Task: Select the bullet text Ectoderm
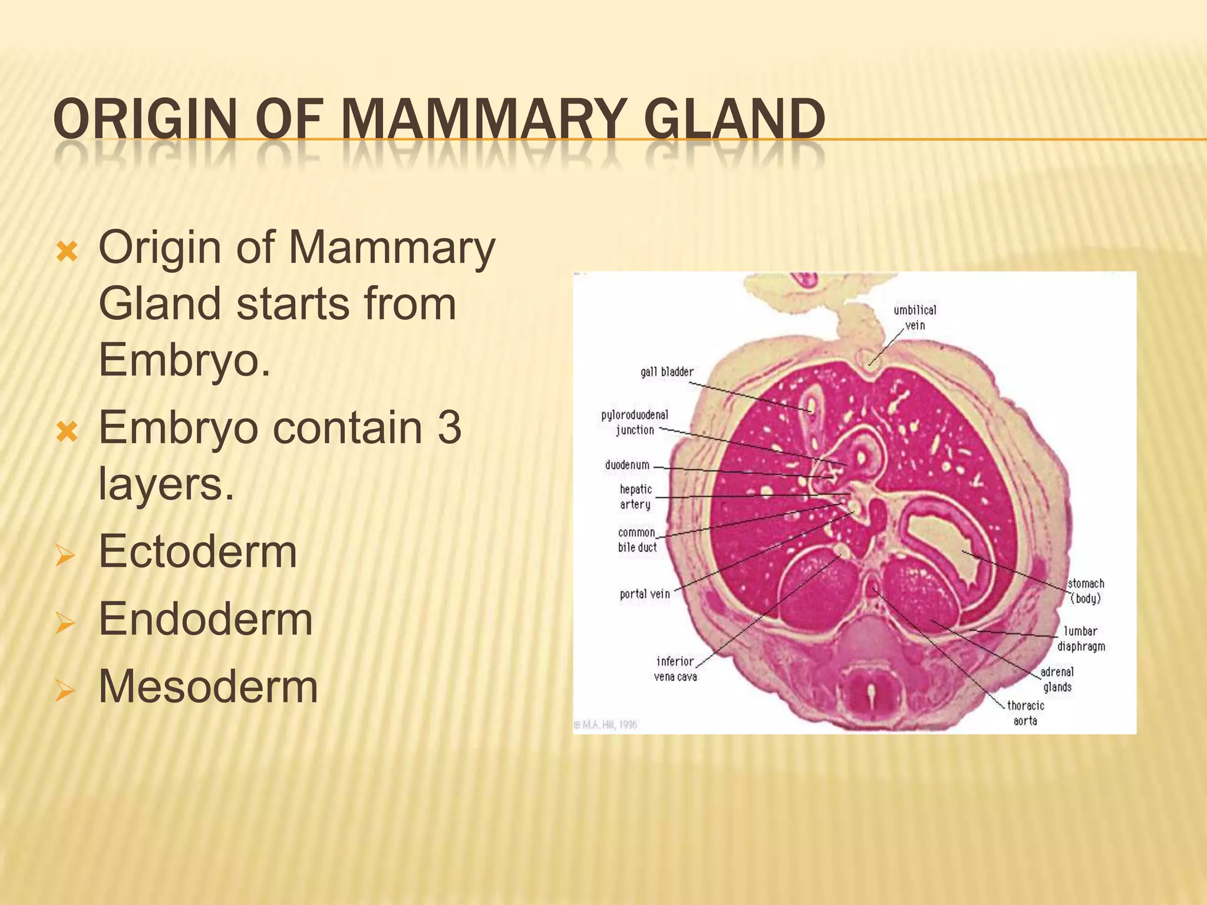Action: pos(197,552)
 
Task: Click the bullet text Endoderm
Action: pos(205,619)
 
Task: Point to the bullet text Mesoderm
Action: pos(208,686)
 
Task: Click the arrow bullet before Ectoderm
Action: pos(64,555)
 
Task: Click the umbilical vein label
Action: pos(915,318)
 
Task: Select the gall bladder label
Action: pos(667,372)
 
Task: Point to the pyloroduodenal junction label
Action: pos(634,422)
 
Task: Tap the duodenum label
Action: pos(627,465)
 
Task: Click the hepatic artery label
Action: pos(635,497)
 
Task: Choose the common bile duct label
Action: pos(637,540)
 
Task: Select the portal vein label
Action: pos(645,594)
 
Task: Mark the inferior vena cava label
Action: pos(675,669)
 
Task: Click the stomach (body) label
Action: pos(1086,591)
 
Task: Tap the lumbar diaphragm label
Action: pos(1080,639)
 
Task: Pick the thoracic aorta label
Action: pos(1025,713)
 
